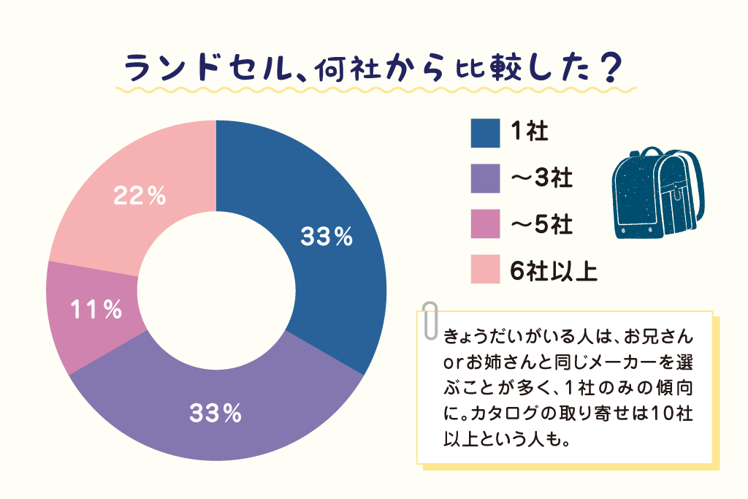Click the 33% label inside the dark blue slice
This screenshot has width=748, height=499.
tap(327, 237)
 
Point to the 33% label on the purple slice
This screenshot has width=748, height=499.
tap(215, 414)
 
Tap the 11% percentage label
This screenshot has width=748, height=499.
tap(96, 310)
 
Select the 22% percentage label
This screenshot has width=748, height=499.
tap(140, 196)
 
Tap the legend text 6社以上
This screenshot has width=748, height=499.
tap(554, 270)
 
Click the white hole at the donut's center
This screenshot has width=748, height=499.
tap(216, 291)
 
